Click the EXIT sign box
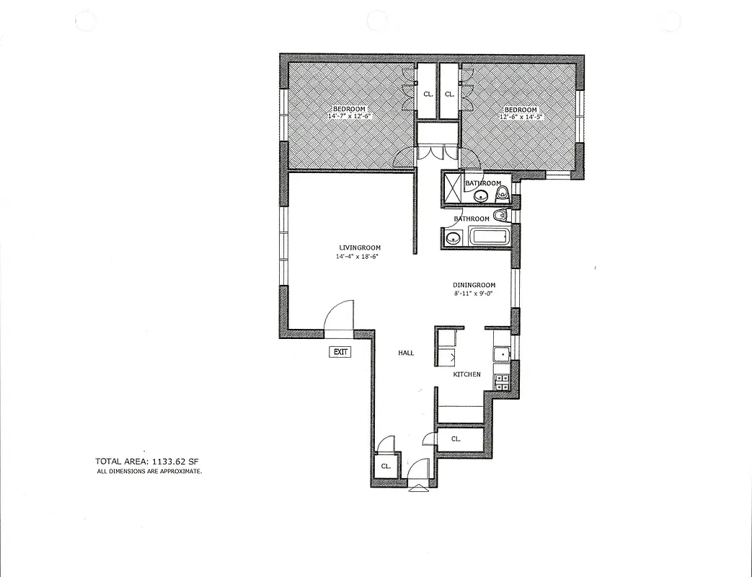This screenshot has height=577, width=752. point(340,352)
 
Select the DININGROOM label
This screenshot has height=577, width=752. point(474,285)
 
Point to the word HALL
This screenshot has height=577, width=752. point(406,353)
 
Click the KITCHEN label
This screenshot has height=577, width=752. point(466,374)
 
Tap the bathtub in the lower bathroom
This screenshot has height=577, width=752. point(490,237)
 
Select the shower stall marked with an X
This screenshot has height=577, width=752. point(451,188)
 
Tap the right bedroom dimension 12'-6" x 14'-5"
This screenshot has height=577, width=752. point(519,116)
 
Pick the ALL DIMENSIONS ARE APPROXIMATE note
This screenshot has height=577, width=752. point(150,471)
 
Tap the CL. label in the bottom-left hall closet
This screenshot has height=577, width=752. point(386,467)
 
